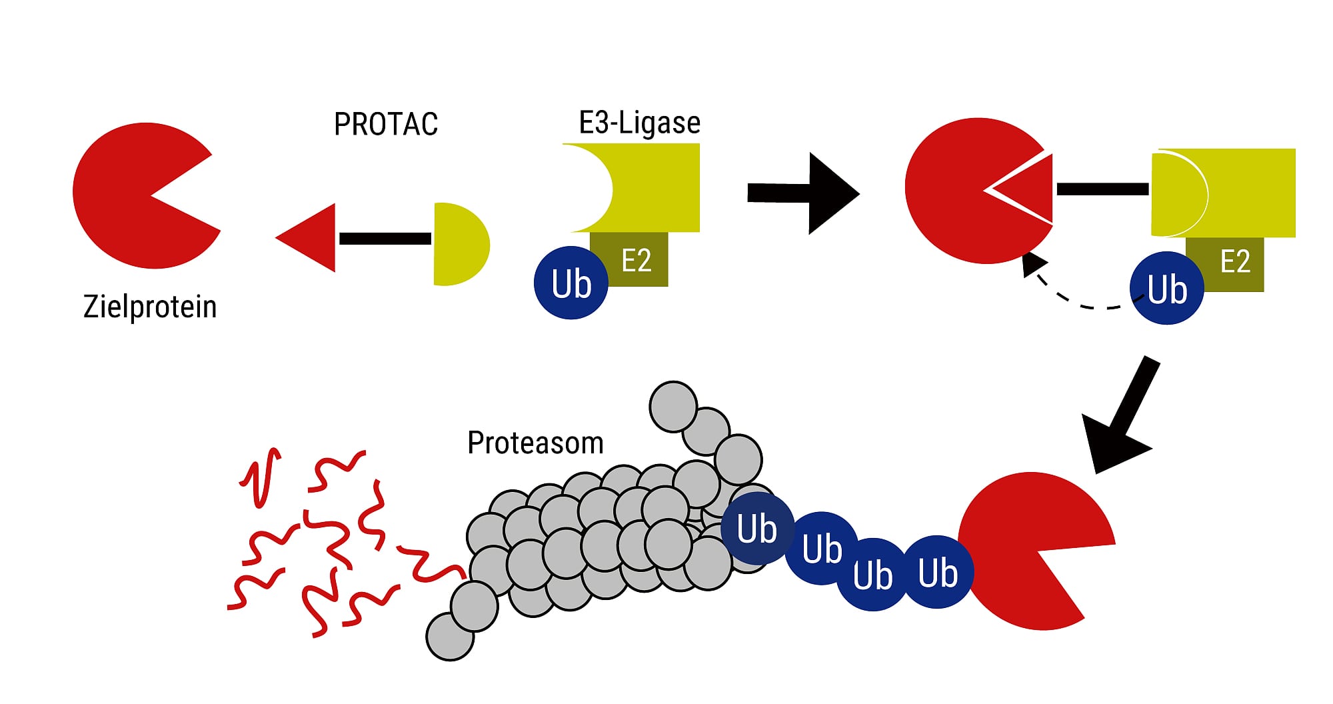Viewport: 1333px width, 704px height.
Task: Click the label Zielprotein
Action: (x=150, y=307)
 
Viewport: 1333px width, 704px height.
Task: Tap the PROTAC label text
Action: (x=386, y=124)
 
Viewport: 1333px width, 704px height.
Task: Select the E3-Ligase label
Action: (x=639, y=123)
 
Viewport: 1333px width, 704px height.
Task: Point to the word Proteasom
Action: (x=535, y=443)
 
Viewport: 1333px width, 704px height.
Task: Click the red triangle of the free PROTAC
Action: (x=313, y=238)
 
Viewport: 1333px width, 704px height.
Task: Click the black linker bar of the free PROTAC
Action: (x=385, y=239)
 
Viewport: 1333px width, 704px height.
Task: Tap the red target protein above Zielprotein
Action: (x=133, y=195)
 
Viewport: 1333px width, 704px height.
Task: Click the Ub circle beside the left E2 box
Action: (x=571, y=283)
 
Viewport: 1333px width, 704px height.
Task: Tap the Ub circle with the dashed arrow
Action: (x=1167, y=289)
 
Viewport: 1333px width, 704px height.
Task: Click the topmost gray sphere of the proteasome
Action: (x=673, y=406)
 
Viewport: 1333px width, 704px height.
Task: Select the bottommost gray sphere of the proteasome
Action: (x=450, y=637)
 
